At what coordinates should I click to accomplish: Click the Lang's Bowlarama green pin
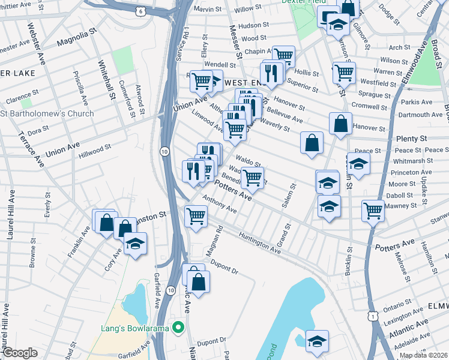[177, 327]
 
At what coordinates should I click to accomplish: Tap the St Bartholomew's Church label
[47, 113]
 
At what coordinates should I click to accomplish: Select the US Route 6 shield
[157, 11]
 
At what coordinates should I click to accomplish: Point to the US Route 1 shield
[373, 316]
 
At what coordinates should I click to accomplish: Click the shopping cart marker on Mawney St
[373, 211]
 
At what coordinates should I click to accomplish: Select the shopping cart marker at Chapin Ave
[283, 56]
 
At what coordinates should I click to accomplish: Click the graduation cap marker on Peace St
[358, 163]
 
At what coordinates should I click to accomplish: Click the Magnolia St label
[77, 43]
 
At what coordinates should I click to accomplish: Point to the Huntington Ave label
[260, 243]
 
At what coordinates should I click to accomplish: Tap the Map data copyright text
[424, 355]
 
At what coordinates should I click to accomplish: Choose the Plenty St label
[411, 139]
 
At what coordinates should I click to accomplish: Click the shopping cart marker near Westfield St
[344, 72]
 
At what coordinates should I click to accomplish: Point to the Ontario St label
[397, 307]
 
